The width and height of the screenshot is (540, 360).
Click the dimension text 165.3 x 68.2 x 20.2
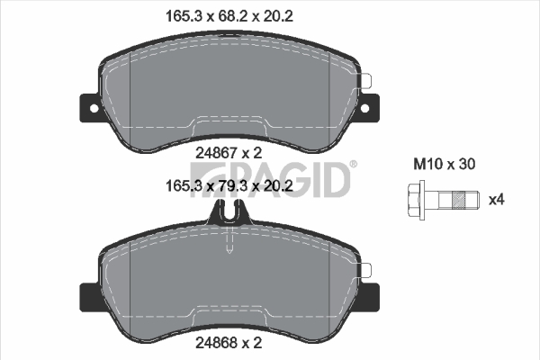229,16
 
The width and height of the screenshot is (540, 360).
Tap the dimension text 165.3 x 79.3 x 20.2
229,186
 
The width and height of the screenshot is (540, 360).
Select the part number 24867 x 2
229,153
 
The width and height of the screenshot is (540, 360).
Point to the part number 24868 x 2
229,342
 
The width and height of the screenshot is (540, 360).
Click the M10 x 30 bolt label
445,164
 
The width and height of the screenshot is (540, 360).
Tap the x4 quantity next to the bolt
497,200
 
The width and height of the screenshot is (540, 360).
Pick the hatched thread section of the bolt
458,200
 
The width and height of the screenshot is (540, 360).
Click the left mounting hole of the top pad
94,109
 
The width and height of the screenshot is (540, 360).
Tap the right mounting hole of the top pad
364,109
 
